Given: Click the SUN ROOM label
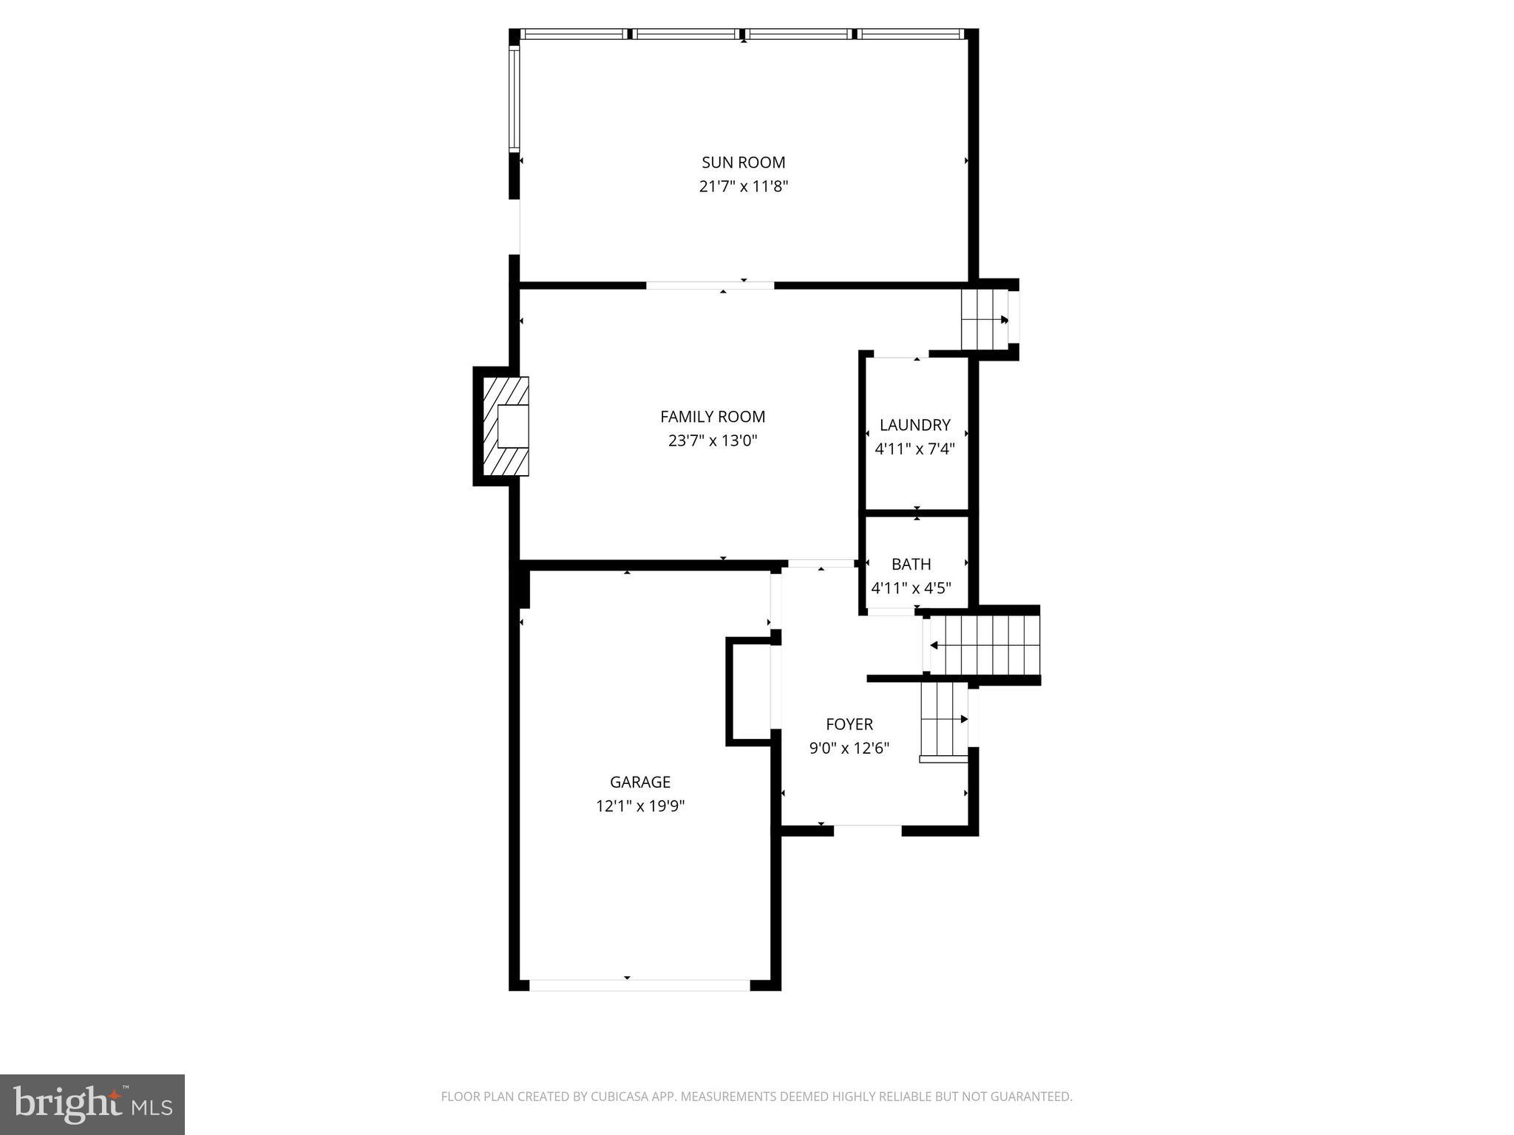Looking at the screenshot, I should (x=743, y=163).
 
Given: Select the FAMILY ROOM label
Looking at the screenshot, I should (x=713, y=417).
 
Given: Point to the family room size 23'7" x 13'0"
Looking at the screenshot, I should (x=713, y=441).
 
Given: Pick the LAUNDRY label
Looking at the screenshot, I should (x=914, y=425).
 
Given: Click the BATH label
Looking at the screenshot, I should (x=911, y=565).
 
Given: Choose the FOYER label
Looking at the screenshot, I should (x=849, y=724).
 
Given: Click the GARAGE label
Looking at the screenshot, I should (x=640, y=782).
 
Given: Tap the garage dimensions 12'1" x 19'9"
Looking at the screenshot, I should (x=640, y=806).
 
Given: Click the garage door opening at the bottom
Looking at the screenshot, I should (x=639, y=985).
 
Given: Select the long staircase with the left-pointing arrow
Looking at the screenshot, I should (x=983, y=646).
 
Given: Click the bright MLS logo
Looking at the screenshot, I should (x=92, y=1104).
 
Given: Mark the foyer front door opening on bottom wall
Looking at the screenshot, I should (x=867, y=830).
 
